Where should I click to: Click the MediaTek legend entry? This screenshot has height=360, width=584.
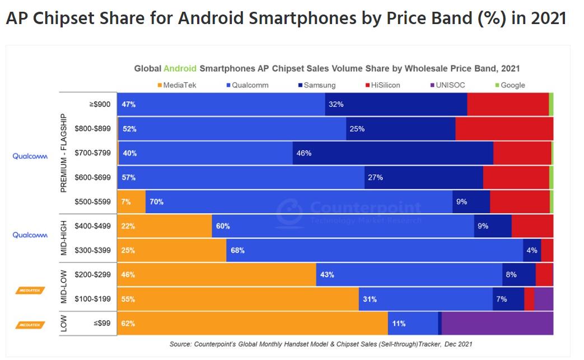[177, 85]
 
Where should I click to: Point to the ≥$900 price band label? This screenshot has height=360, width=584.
[100, 104]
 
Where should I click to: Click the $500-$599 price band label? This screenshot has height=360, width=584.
[93, 202]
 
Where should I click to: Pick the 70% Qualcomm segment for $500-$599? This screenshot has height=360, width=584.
[299, 202]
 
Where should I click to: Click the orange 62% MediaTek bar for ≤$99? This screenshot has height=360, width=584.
[252, 324]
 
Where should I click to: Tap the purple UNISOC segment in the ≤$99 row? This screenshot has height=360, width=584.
[497, 324]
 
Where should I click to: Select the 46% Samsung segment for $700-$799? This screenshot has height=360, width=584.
[393, 153]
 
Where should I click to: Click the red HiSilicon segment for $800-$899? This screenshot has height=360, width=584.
[504, 129]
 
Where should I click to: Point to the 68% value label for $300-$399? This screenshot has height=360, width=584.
[237, 250]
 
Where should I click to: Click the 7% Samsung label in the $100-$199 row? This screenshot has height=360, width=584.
[501, 299]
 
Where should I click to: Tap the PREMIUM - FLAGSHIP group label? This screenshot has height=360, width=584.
[63, 153]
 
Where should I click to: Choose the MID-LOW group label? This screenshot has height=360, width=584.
[63, 287]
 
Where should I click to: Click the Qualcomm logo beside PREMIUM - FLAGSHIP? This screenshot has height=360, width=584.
[30, 157]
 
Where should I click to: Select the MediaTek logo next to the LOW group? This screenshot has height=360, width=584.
[30, 324]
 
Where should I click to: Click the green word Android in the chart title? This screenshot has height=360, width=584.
[180, 68]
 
